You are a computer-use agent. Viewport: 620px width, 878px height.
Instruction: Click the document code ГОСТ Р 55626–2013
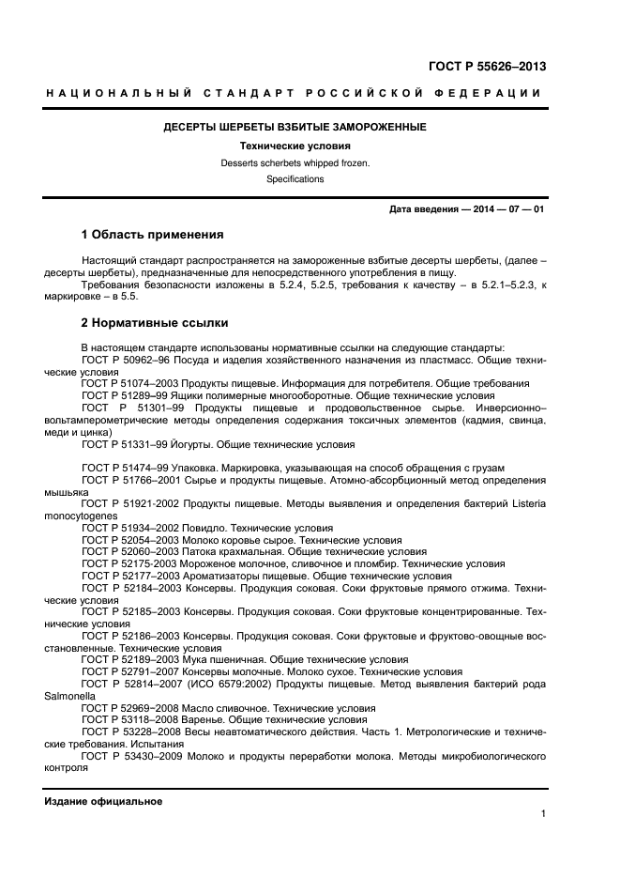[487, 67]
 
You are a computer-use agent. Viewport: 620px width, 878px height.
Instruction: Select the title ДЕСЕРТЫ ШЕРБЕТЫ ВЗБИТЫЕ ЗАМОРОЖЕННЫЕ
[295, 127]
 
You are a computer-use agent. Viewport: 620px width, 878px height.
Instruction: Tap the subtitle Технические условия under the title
[295, 146]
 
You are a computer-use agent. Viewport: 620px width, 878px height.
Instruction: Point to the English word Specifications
[295, 178]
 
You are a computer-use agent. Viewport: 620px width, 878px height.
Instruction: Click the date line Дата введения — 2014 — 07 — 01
[466, 208]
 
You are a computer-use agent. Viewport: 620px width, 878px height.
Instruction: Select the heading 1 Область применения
[152, 234]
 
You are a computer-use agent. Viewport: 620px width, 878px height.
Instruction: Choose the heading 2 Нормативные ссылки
[154, 323]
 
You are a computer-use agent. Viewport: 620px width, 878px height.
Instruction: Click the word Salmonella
[69, 697]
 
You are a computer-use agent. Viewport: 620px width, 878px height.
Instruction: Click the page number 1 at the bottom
[543, 813]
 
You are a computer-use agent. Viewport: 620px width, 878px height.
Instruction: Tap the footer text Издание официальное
[103, 801]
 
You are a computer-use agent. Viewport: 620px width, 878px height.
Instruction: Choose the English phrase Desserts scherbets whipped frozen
[295, 162]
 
